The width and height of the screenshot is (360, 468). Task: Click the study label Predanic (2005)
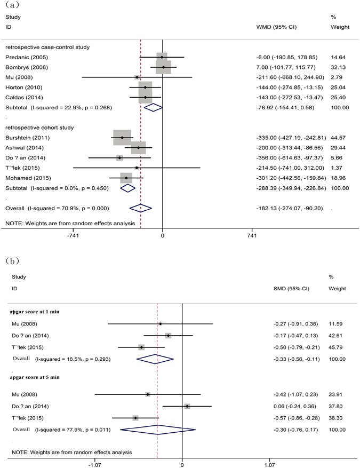25,57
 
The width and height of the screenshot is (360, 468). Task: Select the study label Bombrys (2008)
24,67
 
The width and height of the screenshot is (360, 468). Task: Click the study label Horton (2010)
22,88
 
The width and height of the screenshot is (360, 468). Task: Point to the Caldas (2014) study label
22,98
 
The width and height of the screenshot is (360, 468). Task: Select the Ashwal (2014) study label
22,148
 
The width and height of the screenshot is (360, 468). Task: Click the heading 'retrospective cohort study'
39,128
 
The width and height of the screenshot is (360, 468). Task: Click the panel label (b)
13,261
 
